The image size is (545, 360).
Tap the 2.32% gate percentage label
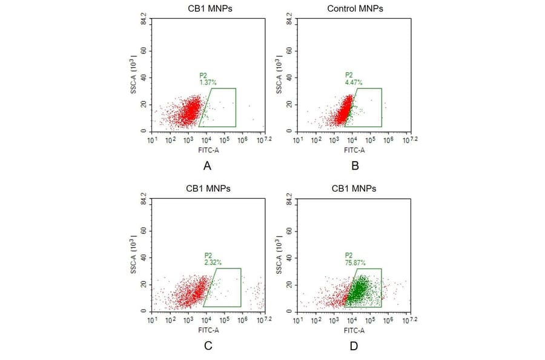[213, 262]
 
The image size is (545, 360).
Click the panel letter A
[208, 165]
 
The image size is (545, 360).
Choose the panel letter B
[354, 165]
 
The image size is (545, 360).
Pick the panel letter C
[208, 346]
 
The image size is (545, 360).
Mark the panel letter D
[354, 346]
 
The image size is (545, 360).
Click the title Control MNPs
[355, 8]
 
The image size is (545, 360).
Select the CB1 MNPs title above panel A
[208, 8]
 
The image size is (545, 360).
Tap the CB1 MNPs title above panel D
[354, 188]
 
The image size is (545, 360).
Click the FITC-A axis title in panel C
[208, 330]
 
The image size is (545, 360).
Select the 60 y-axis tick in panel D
[289, 231]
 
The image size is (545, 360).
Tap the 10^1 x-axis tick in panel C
[153, 320]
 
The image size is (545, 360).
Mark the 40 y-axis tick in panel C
[144, 258]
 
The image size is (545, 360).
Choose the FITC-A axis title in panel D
[354, 330]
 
